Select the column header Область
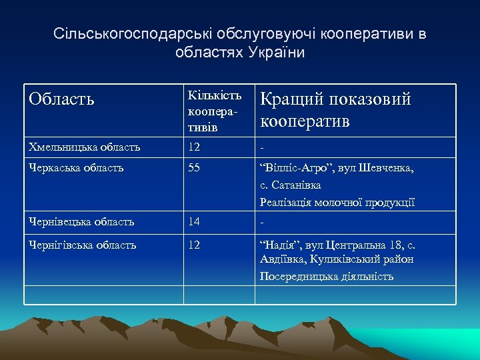coord(61,99)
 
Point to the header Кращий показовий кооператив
coord(335,111)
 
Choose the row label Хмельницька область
coord(85,147)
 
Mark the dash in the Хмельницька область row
coord(262,147)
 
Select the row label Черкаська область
coord(76,168)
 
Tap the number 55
coord(194,168)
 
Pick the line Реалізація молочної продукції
coord(337,202)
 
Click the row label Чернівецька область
coord(82,221)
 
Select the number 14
coord(194,221)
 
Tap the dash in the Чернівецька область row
coord(262,221)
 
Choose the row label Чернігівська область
coord(83,245)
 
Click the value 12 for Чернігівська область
coord(194,245)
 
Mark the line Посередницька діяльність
coord(327,275)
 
